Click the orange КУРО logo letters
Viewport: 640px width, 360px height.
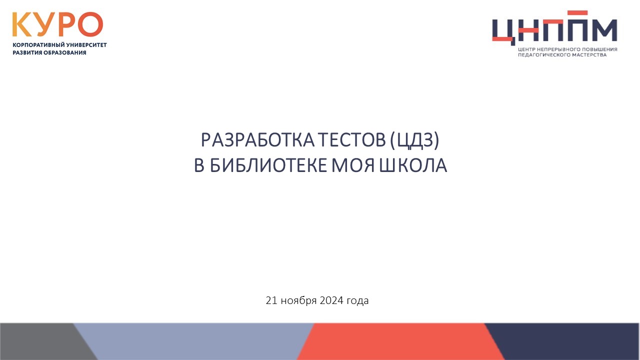pos(57,24)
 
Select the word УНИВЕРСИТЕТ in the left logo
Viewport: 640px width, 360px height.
pos(86,45)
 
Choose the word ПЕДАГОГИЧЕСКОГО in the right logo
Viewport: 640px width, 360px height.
pos(542,55)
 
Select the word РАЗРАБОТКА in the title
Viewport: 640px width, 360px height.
pos(257,140)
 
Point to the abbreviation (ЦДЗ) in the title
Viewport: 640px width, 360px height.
pos(414,140)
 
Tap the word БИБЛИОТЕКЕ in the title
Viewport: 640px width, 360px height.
pos(268,165)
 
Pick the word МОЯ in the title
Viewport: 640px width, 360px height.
pos(353,165)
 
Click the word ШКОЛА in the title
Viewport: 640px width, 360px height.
pos(413,165)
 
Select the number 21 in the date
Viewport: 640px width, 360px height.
pos(271,300)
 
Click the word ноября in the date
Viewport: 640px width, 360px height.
pos(298,301)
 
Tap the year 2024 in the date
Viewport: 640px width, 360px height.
pos(331,300)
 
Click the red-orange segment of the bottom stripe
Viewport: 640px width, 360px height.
pos(400,341)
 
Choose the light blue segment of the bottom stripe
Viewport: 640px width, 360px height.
pos(194,341)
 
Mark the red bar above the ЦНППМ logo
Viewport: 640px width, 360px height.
pos(577,13)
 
